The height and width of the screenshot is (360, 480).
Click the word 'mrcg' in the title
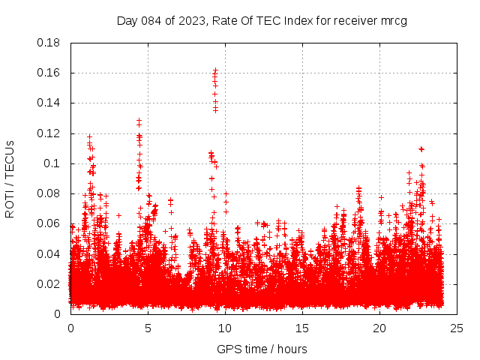394,21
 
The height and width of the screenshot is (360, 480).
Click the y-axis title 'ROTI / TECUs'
10,178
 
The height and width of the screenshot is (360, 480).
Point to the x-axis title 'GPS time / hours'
262,349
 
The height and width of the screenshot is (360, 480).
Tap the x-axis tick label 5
148,328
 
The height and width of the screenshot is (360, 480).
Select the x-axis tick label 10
225,328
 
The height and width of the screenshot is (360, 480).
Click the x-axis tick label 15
302,328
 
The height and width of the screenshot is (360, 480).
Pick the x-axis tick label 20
379,328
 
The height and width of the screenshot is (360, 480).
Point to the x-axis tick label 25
457,328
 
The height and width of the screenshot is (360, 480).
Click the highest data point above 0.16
215,70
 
